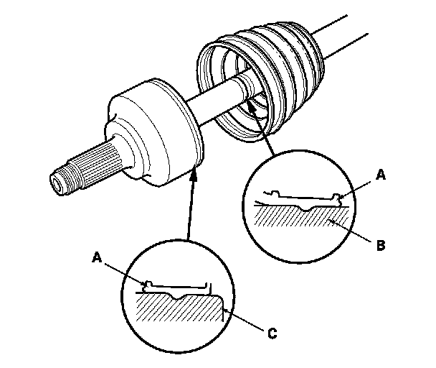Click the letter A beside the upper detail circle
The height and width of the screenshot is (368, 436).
(381, 175)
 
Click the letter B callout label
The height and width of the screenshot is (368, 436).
(381, 246)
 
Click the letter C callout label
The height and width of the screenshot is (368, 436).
(272, 333)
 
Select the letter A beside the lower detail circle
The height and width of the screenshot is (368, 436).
(97, 257)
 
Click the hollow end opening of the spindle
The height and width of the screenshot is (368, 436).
(57, 185)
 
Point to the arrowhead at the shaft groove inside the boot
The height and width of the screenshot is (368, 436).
(250, 106)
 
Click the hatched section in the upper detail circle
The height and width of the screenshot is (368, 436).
(302, 216)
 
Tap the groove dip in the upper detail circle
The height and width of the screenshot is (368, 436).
(306, 208)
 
